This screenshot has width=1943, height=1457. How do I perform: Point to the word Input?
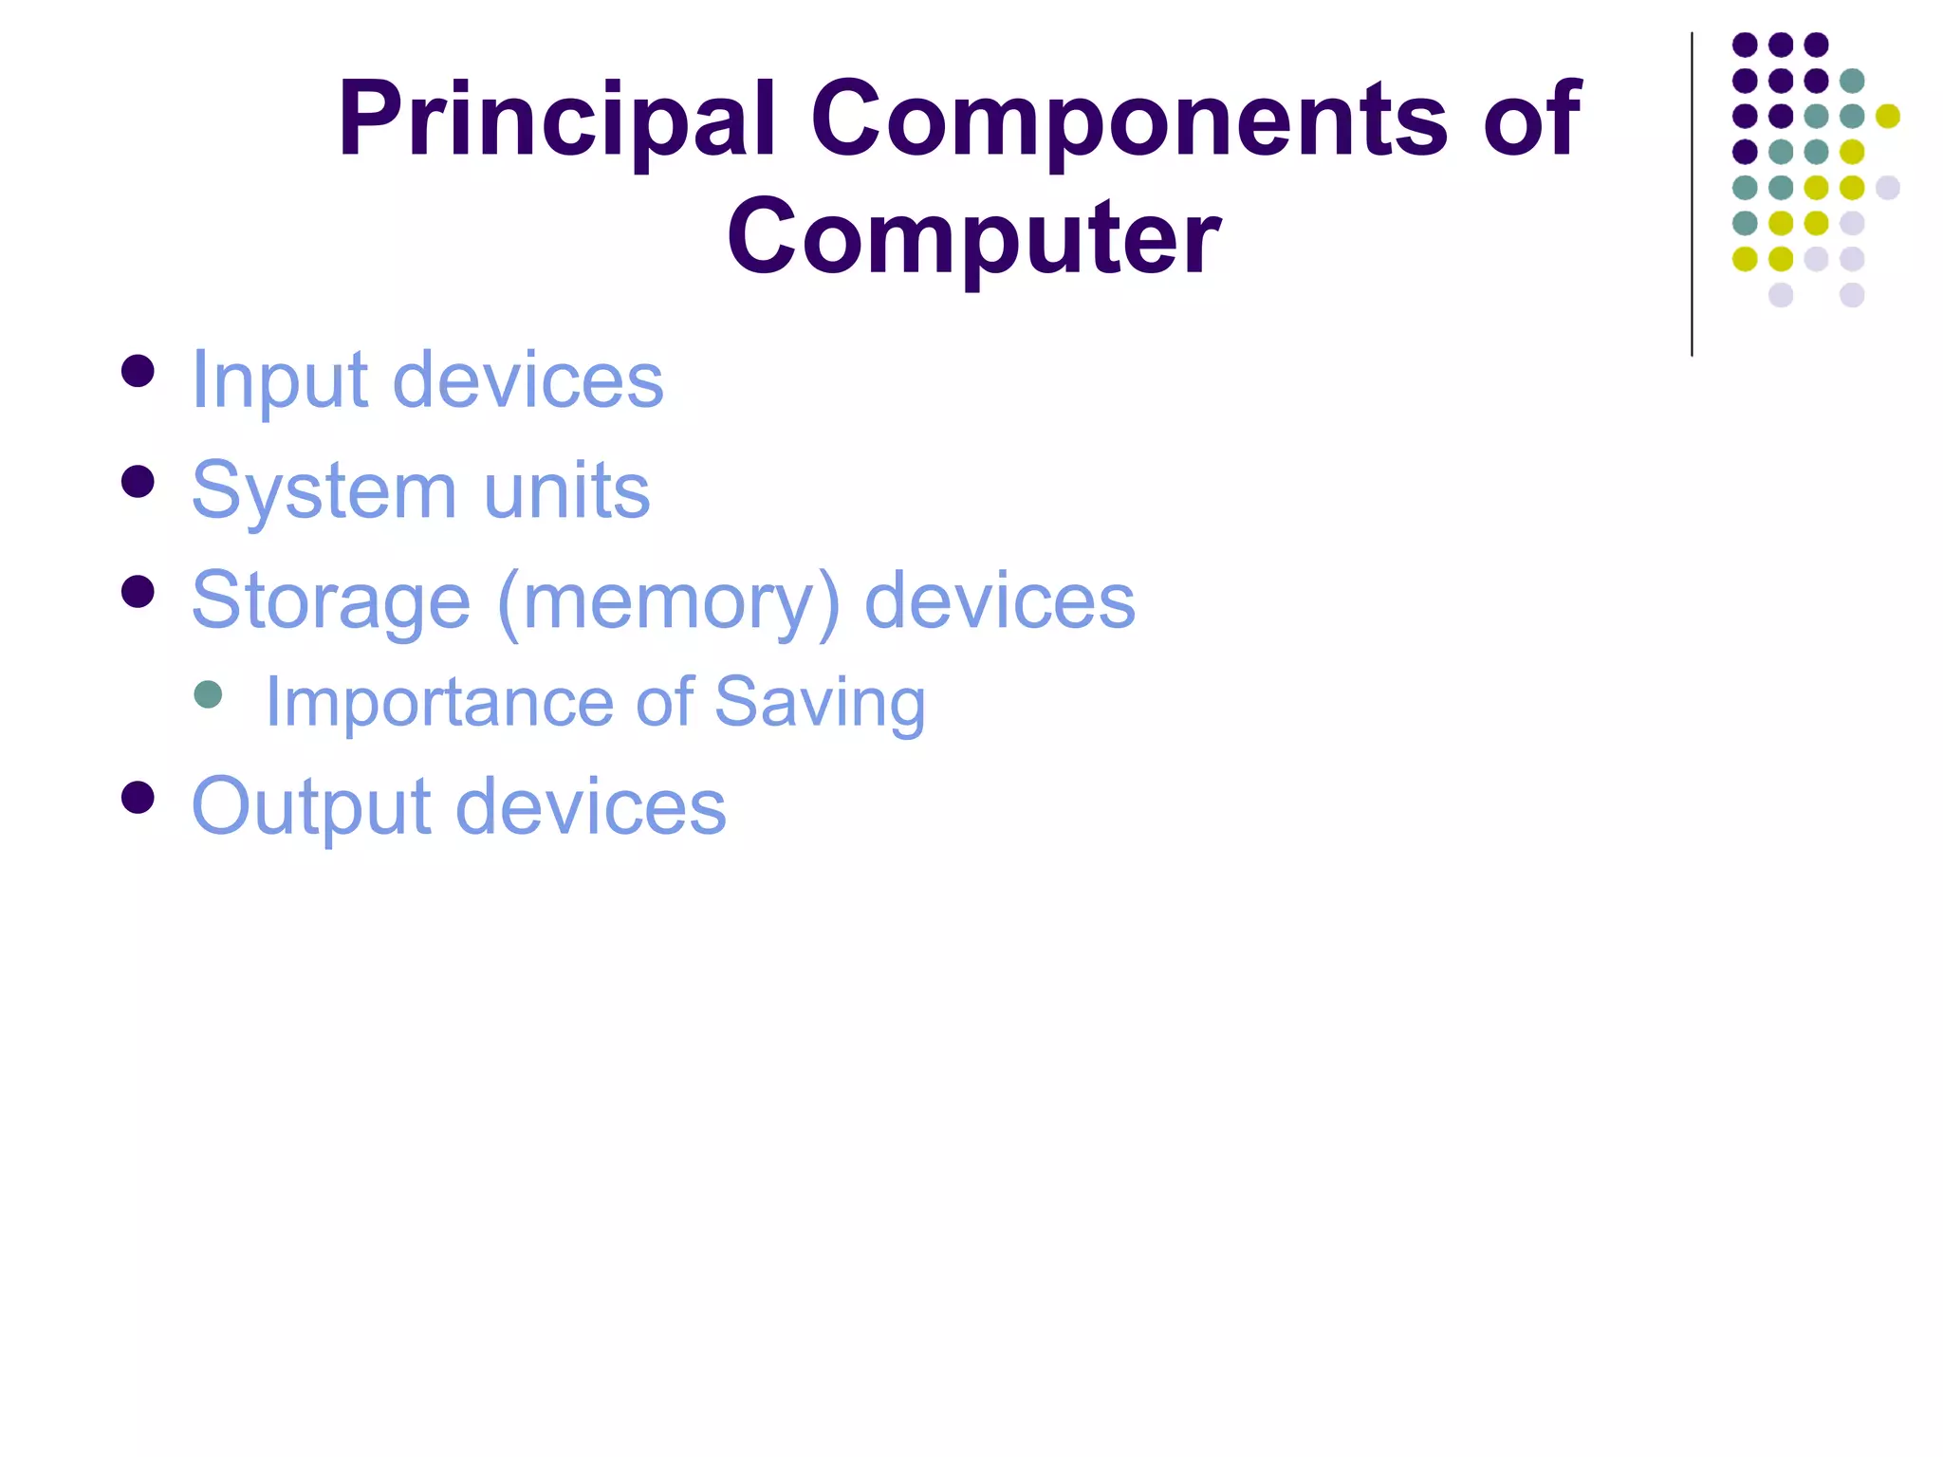click(x=279, y=380)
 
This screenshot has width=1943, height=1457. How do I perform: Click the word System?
click(x=324, y=491)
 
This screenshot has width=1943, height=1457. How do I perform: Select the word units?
click(x=566, y=491)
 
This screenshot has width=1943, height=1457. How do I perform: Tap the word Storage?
click(x=330, y=601)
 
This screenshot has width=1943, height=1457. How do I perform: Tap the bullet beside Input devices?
click(x=139, y=371)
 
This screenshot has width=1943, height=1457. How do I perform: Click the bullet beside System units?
click(x=139, y=482)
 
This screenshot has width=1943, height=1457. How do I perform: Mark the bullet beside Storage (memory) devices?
click(x=139, y=592)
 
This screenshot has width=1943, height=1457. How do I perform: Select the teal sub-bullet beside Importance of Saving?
click(x=208, y=694)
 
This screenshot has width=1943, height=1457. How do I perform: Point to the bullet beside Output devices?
click(x=139, y=798)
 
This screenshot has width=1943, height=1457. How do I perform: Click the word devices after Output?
click(x=591, y=807)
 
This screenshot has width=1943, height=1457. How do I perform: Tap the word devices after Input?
click(x=527, y=380)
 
